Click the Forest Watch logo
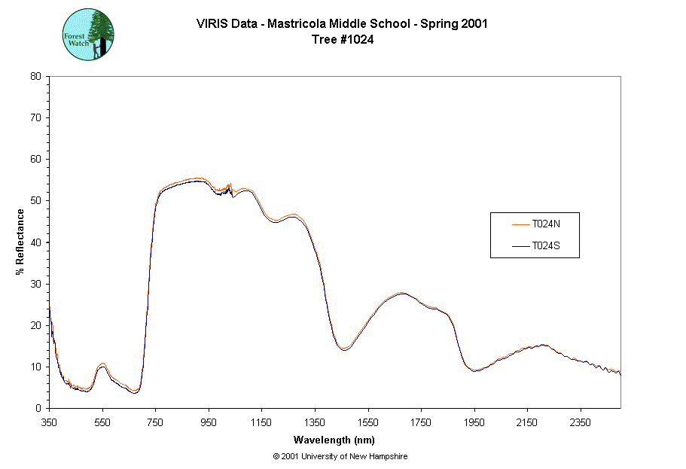coord(88,35)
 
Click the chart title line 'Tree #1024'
coord(343,40)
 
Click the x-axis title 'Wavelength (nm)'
coord(334,440)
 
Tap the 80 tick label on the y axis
coord(35,76)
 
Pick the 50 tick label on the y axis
coord(35,200)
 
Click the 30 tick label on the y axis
coord(35,284)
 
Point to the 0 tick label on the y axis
coord(38,408)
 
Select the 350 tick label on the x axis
coord(49,423)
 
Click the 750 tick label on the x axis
coord(155,423)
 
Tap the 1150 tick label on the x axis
coord(261,423)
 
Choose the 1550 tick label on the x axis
coord(367,423)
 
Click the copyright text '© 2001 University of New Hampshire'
coord(340,456)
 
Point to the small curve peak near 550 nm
coord(102,365)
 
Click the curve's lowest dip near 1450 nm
coord(344,349)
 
